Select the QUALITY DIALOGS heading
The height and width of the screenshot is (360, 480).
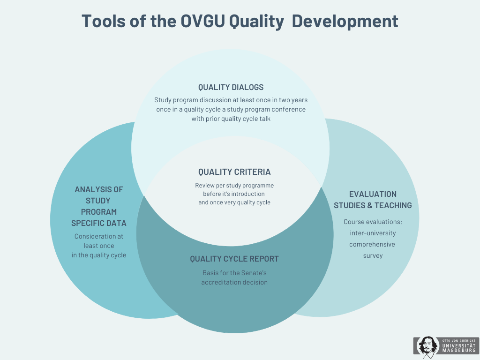coord(231,87)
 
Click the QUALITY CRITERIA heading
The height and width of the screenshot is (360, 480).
coord(234,172)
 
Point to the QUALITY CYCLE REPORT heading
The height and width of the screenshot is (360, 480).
coord(234,259)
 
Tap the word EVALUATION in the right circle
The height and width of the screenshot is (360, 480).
coord(373,194)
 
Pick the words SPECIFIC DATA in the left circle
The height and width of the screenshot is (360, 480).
coord(99,223)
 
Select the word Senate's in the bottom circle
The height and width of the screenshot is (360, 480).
coord(254,273)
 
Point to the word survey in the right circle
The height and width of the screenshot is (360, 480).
coord(373,255)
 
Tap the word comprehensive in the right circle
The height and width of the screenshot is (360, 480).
coord(373,244)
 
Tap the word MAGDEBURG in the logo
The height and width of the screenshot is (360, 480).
coord(459,351)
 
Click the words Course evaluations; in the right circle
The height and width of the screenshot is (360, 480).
coord(373,222)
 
